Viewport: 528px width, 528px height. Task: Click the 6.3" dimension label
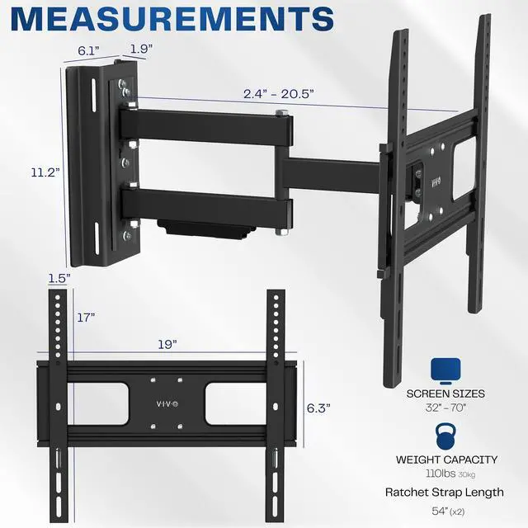coord(318,407)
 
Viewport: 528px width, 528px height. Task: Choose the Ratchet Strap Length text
coord(444,493)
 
